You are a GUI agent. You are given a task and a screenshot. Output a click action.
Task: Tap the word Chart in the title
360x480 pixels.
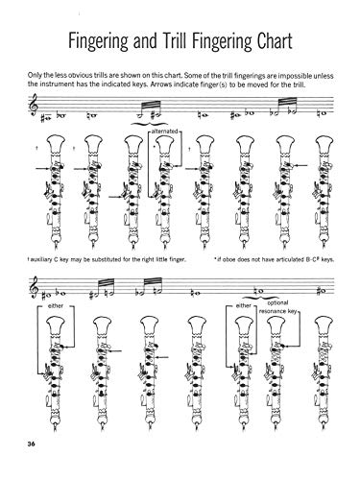pos(293,43)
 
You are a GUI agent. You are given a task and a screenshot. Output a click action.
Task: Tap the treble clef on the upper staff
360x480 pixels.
pos(23,115)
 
